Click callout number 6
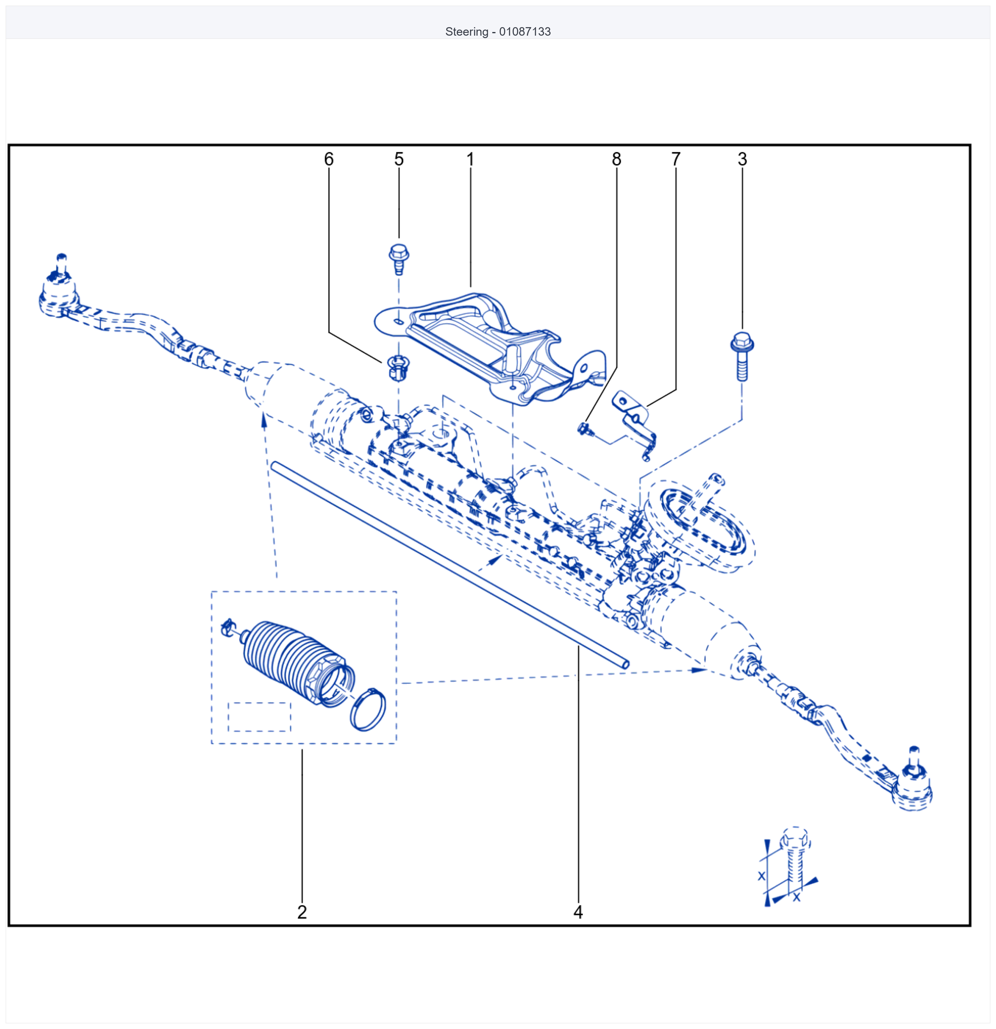pyautogui.click(x=329, y=159)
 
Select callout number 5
pyautogui.click(x=399, y=159)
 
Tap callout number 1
pyautogui.click(x=470, y=159)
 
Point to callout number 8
pyautogui.click(x=617, y=159)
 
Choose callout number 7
pyautogui.click(x=676, y=159)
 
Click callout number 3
pyautogui.click(x=742, y=159)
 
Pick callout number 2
pyautogui.click(x=302, y=912)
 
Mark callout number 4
pyautogui.click(x=578, y=912)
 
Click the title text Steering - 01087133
pyautogui.click(x=498, y=32)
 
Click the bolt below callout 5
pyautogui.click(x=399, y=259)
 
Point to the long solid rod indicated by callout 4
pyautogui.click(x=450, y=564)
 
